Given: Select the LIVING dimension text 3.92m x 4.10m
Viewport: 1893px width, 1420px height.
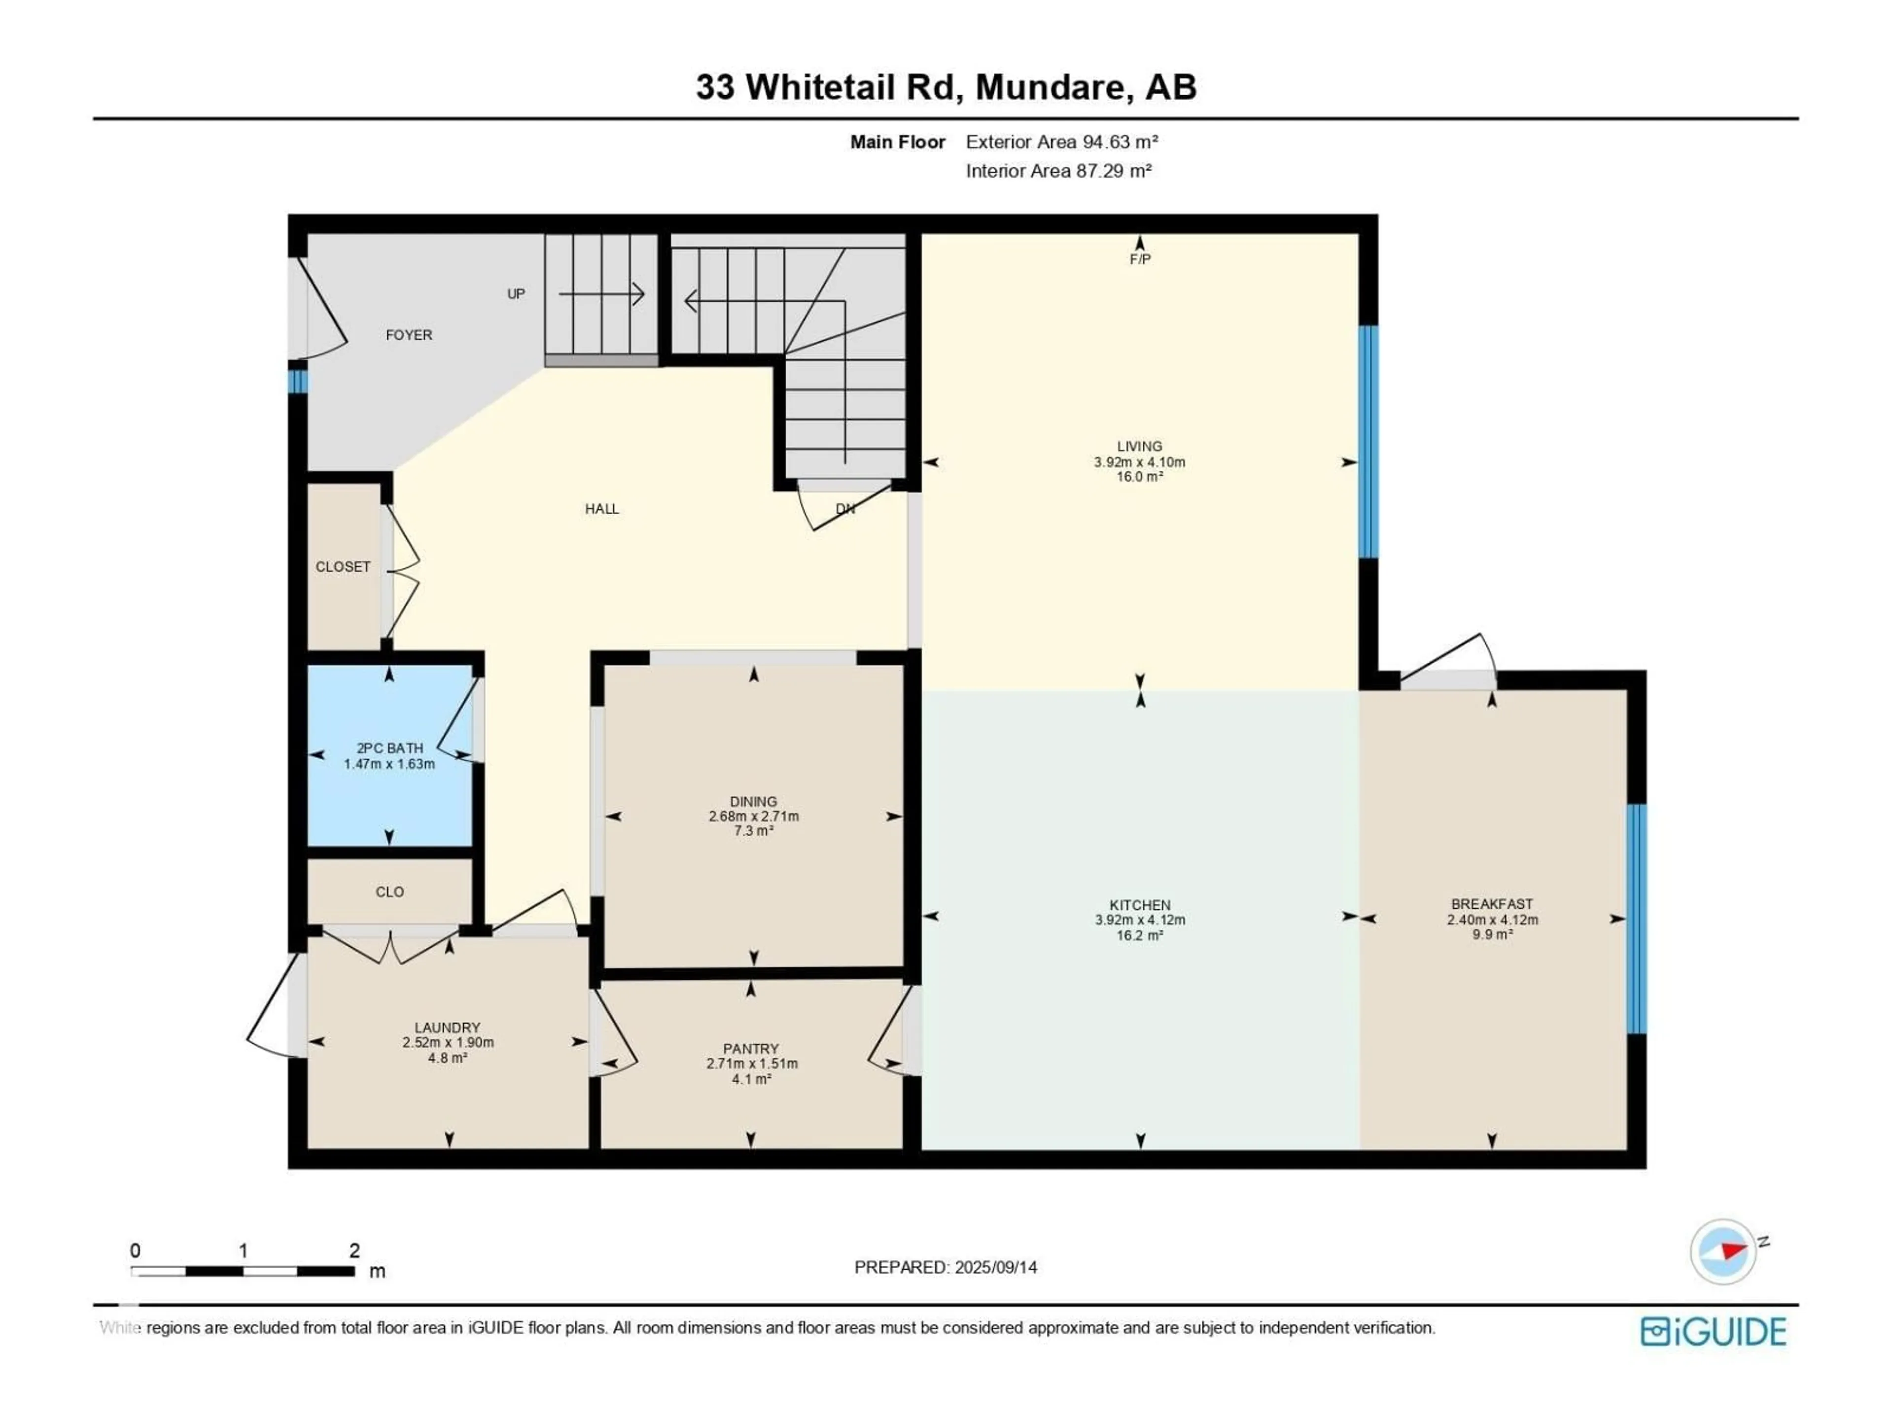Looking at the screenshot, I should (x=1139, y=462).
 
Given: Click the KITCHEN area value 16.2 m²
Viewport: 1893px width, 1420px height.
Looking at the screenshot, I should (x=1139, y=935).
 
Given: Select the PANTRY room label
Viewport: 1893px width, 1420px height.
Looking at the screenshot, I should (x=750, y=1049).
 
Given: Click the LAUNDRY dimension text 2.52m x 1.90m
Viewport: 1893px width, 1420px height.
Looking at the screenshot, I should (x=448, y=1042).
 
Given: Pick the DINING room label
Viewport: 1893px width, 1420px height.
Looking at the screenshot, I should (x=753, y=802).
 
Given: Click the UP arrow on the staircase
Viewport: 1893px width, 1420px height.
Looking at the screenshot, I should (x=601, y=293).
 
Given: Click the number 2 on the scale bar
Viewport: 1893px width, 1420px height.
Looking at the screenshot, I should (x=354, y=1250).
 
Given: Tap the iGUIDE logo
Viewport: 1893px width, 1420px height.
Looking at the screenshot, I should (x=1713, y=1332).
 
